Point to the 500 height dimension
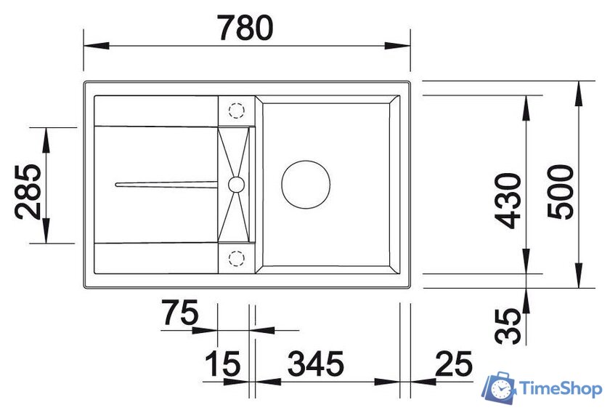tap(560, 192)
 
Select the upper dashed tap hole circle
tap(236, 111)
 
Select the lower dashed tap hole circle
tap(236, 257)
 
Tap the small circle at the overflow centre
tap(236, 184)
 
